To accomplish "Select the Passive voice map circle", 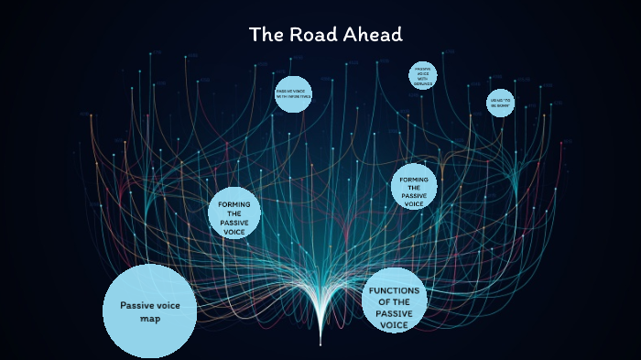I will [x=149, y=311].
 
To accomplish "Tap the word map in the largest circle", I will [x=149, y=319].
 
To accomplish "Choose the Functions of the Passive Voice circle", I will [x=395, y=301].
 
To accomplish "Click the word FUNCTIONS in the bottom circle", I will [x=395, y=290].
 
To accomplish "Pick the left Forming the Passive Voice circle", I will [x=234, y=213].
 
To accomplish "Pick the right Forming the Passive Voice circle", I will [x=414, y=187].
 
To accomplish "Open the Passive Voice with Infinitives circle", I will [x=293, y=93].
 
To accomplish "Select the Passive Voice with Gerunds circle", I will [x=422, y=76].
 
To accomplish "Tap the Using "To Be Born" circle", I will [x=500, y=103].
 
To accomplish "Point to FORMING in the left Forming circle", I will [x=234, y=202].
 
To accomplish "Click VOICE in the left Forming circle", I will [x=234, y=233].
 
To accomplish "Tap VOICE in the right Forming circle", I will [x=414, y=204].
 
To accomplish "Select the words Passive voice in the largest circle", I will [x=149, y=305].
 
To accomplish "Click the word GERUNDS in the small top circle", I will [x=422, y=82].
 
